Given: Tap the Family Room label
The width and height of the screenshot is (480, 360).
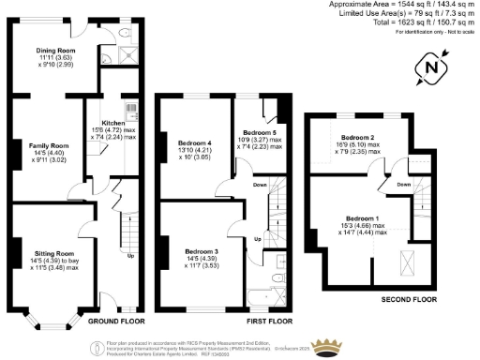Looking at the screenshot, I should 53,146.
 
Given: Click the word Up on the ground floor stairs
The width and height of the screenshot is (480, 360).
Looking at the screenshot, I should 130,256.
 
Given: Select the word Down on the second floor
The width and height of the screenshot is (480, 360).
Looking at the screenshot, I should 403,185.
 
